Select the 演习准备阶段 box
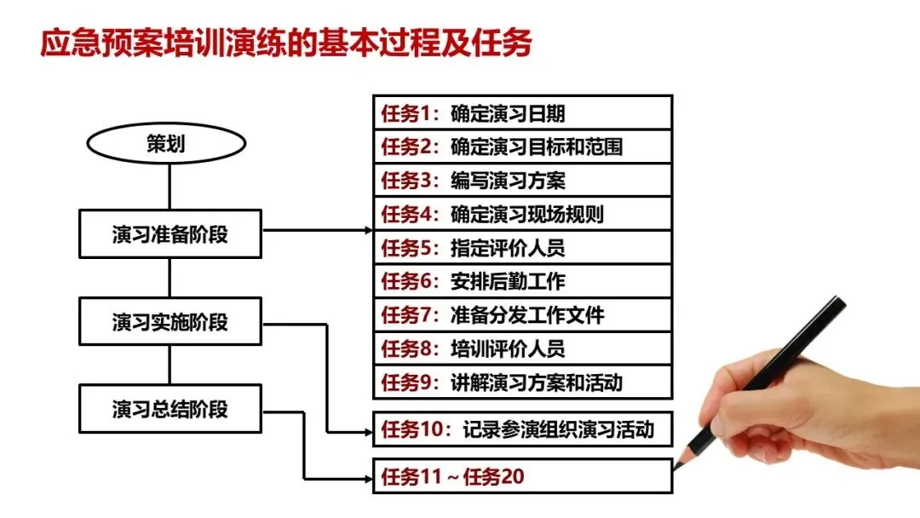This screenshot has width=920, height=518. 170,234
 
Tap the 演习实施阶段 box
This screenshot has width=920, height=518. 170,322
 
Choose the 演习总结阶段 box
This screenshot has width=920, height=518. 170,409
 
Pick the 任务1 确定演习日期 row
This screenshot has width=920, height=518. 522,112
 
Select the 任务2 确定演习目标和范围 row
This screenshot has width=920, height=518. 522,147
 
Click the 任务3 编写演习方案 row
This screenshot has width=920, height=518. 522,180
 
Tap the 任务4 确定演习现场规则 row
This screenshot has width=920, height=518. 522,214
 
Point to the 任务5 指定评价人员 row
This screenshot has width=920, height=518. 522,248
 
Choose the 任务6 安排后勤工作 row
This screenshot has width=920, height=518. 522,281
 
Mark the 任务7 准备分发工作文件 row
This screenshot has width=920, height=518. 522,315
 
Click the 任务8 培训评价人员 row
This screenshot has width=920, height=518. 522,348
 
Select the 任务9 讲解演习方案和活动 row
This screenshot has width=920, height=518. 522,383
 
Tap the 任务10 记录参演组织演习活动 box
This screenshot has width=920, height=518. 522,429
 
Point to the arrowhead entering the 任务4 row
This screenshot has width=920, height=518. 368,230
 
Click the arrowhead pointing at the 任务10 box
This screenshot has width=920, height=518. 368,433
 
